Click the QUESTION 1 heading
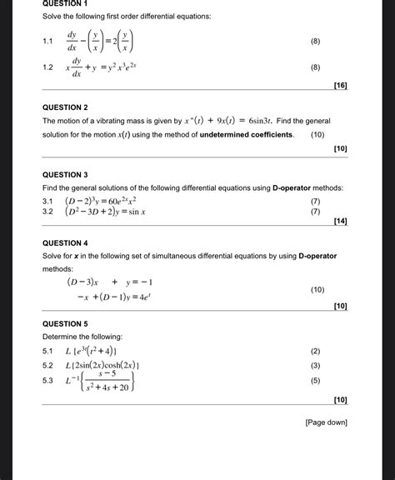point(65,4)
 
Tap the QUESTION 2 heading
point(65,107)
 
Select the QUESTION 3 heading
point(65,175)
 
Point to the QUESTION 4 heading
point(65,243)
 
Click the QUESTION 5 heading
point(65,323)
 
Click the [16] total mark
point(339,86)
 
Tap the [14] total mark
point(339,222)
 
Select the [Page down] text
point(326,422)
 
